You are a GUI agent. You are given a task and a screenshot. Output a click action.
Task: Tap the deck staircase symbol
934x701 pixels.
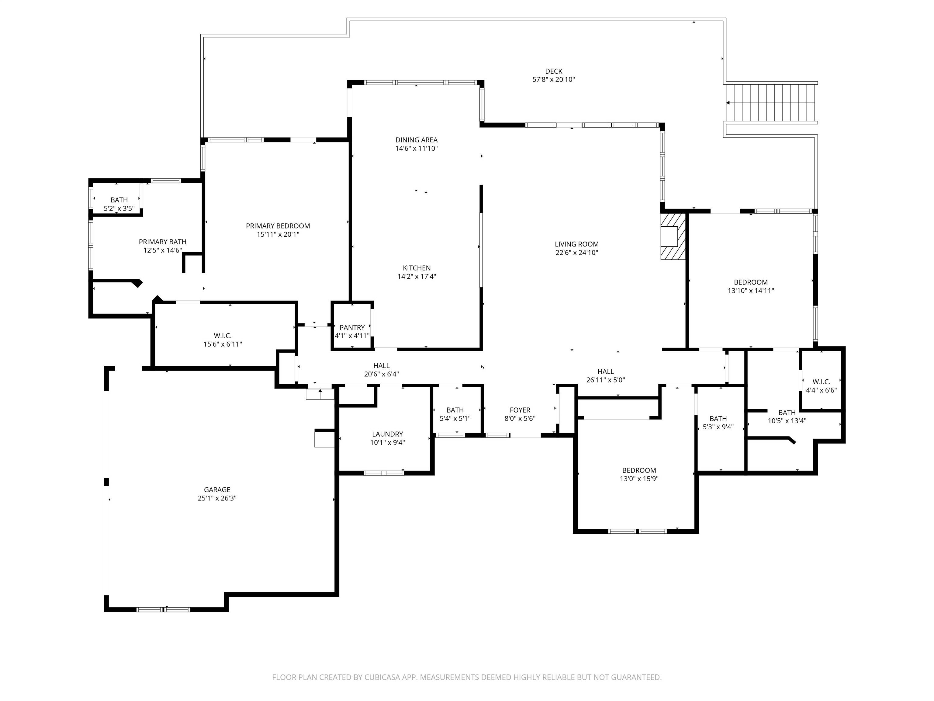click(x=771, y=102)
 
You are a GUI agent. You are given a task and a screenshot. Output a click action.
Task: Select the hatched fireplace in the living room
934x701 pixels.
click(x=673, y=236)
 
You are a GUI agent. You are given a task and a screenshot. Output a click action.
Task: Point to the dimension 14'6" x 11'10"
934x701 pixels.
click(x=416, y=148)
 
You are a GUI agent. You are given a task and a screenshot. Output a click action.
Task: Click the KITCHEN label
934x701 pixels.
click(x=417, y=268)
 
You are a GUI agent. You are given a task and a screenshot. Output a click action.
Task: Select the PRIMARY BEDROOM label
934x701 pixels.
click(x=278, y=226)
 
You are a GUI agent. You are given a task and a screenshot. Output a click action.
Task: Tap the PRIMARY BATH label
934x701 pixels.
click(x=163, y=242)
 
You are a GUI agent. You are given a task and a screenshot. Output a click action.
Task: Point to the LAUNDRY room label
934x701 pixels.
click(x=387, y=434)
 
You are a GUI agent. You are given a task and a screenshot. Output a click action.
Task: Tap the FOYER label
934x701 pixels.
click(x=520, y=410)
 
